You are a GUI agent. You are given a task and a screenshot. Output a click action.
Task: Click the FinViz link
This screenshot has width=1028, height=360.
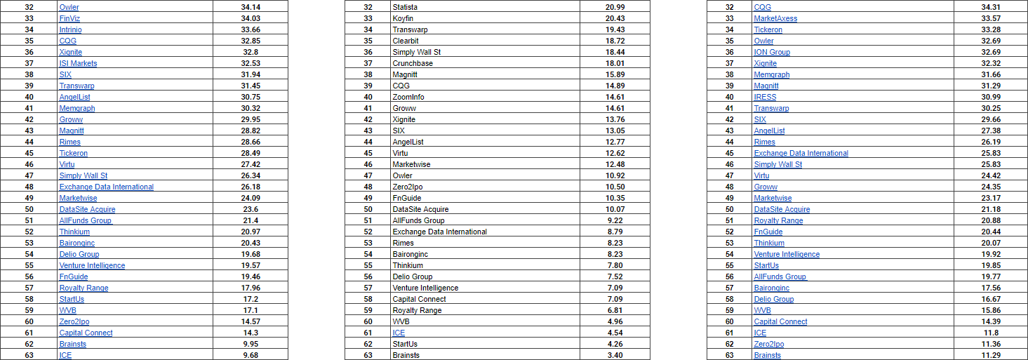[x=69, y=18]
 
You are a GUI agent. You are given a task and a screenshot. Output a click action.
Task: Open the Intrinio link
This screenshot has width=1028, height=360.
[x=71, y=29]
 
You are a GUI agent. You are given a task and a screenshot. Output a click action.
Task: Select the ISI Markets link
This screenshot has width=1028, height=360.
[x=78, y=63]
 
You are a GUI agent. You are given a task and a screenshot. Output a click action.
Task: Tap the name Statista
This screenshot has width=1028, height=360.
[x=406, y=7]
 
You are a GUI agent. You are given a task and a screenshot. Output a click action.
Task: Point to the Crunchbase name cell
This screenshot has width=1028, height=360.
[x=413, y=63]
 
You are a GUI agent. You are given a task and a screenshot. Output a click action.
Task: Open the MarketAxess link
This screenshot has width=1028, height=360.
[x=775, y=18]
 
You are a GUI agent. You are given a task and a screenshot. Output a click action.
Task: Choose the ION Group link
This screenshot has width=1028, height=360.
[x=772, y=52]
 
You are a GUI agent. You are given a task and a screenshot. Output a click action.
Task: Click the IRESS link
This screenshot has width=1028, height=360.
[x=765, y=97]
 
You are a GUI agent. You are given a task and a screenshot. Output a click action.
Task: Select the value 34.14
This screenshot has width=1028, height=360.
[x=251, y=7]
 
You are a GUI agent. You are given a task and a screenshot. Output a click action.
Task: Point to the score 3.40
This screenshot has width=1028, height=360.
[x=614, y=355]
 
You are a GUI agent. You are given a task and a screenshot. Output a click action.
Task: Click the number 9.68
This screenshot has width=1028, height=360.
[x=251, y=355]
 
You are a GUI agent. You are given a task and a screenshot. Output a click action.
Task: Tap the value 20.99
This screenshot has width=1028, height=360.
[x=614, y=7]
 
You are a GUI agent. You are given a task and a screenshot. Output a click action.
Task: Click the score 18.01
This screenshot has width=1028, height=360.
[x=614, y=63]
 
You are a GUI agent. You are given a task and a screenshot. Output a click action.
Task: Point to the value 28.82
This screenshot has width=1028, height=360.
[x=251, y=131]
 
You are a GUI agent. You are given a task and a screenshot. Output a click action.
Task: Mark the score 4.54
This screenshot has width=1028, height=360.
[x=614, y=333]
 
